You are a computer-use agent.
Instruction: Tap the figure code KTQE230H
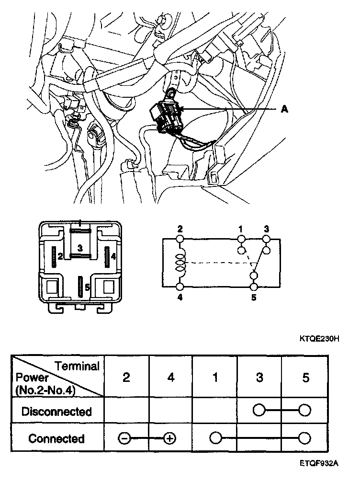[319, 339]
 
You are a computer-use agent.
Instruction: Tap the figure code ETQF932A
[320, 463]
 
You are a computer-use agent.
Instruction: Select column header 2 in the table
[126, 378]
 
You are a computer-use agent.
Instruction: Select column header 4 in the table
[170, 378]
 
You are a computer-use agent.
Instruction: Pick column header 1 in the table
[215, 378]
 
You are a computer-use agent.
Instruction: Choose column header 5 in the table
[305, 378]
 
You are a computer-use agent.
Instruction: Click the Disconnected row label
[56, 411]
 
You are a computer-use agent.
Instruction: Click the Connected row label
[56, 438]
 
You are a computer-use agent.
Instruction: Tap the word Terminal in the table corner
[77, 367]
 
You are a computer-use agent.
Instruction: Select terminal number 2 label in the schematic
[180, 229]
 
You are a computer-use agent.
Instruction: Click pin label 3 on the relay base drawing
[80, 248]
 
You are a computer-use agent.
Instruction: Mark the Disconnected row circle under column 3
[259, 411]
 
